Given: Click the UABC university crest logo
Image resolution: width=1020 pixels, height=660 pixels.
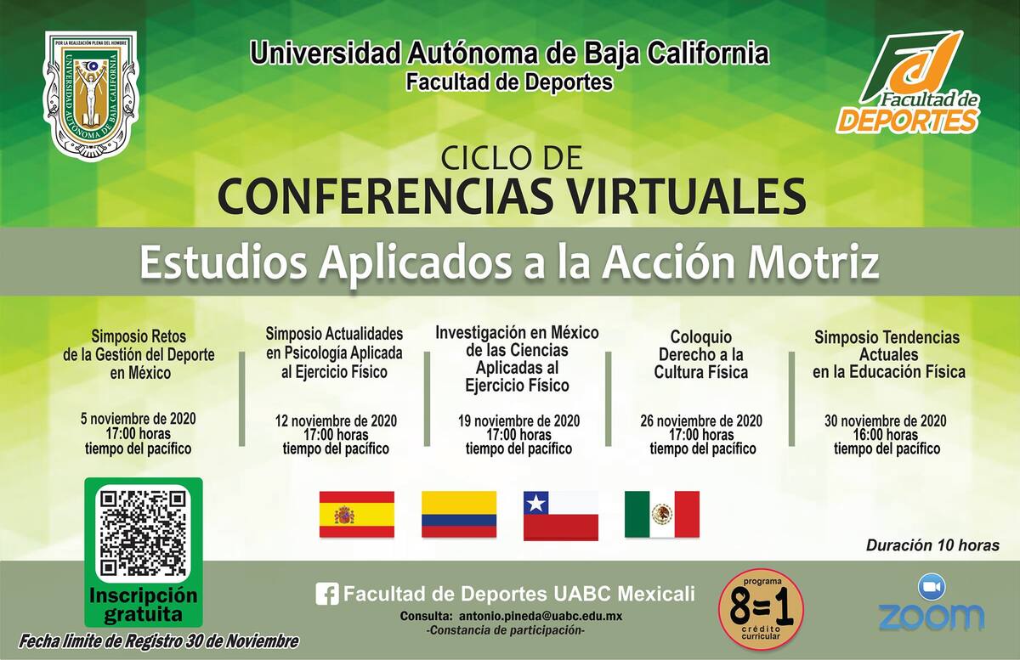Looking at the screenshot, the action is click(91, 97).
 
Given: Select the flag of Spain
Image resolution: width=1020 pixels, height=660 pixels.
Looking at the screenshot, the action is click(356, 515).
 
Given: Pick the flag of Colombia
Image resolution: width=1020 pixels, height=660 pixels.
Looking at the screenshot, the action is click(459, 515).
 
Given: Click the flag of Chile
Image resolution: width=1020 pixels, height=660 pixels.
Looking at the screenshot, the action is click(561, 516).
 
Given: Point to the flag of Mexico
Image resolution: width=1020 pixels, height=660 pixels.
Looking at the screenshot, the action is click(662, 515).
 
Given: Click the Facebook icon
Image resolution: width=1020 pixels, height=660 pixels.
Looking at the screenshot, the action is click(327, 595).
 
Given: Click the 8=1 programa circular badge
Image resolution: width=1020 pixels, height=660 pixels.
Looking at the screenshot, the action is click(761, 608).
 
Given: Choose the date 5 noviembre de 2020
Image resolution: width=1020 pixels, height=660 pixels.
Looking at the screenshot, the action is click(139, 418).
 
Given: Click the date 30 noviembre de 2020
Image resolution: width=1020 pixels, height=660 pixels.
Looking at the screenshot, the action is click(886, 420).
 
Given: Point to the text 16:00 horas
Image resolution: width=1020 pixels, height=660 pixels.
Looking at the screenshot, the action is click(886, 435).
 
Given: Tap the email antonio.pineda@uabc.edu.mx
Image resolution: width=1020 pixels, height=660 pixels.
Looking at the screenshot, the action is click(541, 617).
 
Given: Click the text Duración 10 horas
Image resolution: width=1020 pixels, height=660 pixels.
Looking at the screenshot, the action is click(932, 545).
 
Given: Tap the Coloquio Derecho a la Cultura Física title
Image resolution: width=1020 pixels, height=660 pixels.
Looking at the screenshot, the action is click(701, 354).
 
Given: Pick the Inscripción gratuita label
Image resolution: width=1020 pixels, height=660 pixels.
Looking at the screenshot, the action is click(144, 605).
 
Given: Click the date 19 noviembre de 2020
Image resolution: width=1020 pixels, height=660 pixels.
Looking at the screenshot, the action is click(519, 420).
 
